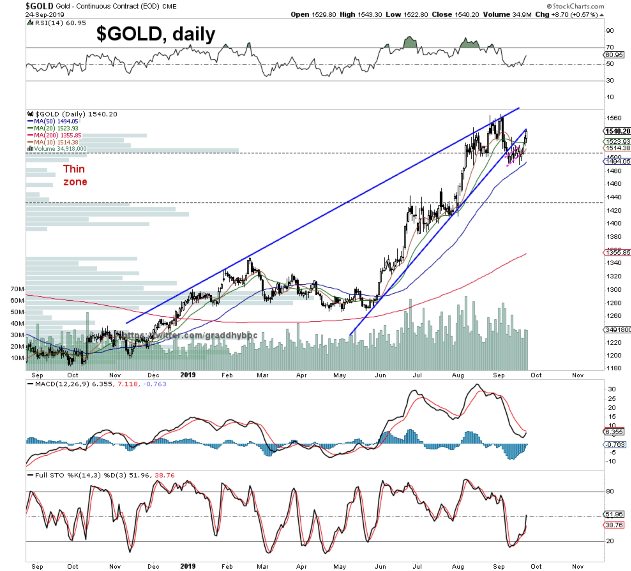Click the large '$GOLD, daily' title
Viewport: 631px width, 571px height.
(155, 34)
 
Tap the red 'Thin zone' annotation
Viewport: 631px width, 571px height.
(75, 175)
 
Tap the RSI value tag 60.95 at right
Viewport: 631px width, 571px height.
(614, 55)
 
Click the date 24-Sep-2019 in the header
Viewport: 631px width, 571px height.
(45, 15)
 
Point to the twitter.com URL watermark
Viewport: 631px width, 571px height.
(189, 335)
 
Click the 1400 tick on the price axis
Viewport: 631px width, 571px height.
(613, 223)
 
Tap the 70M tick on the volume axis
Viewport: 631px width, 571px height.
(17, 289)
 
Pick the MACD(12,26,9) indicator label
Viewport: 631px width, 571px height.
(73, 384)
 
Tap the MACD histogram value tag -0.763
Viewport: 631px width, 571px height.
(615, 444)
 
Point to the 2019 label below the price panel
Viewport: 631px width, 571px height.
(188, 375)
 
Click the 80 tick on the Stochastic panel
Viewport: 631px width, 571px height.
(610, 491)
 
